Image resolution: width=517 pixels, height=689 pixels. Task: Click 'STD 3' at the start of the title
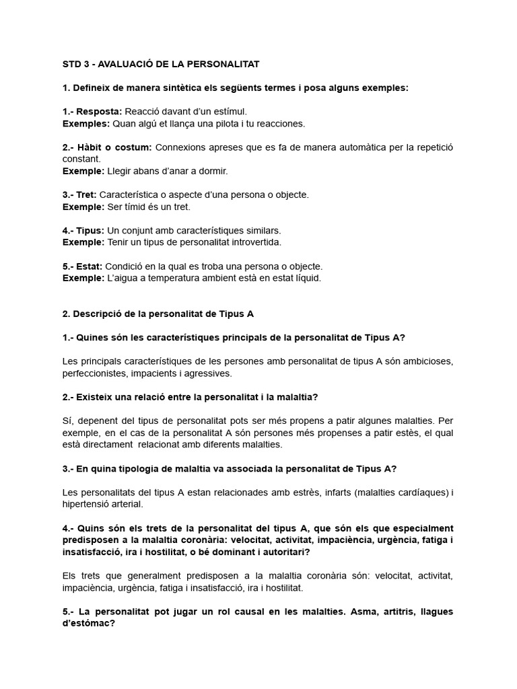[76, 64]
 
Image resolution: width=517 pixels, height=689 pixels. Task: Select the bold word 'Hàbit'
[91, 147]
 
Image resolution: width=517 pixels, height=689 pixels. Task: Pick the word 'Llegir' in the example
[121, 171]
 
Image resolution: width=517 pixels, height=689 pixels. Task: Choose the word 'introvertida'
[254, 242]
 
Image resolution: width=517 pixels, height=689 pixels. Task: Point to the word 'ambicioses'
[428, 361]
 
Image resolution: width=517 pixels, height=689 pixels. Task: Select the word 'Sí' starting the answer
[67, 421]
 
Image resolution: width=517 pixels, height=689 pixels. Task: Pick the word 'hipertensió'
[89, 504]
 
